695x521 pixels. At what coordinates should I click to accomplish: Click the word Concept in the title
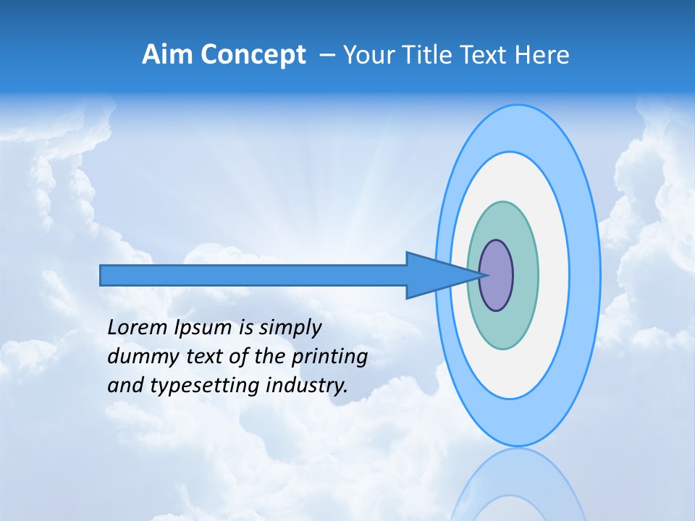(253, 55)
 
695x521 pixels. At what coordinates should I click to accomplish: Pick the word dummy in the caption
(138, 357)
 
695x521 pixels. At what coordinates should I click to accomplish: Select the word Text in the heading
(481, 55)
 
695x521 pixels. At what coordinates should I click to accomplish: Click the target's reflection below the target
(518, 485)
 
